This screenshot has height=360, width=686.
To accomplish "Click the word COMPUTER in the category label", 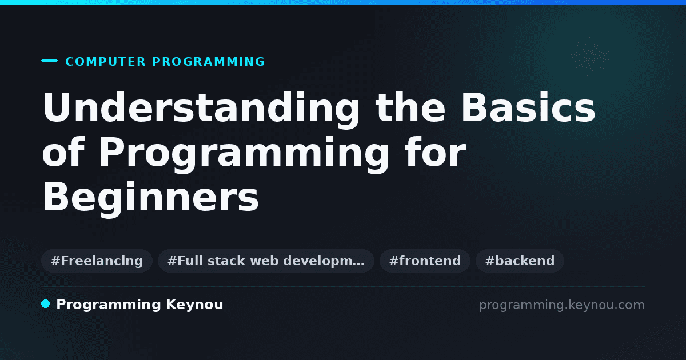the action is click(105, 62).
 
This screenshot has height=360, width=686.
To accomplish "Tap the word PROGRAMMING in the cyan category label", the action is click(208, 62).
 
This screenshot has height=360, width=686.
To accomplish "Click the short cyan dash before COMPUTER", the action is click(49, 61).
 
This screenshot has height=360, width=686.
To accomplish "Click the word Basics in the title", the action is click(528, 107).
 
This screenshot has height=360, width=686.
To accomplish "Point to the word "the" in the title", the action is click(410, 107).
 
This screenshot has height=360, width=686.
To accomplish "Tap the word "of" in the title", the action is click(63, 151).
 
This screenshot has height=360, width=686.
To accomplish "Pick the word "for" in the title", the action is click(435, 151).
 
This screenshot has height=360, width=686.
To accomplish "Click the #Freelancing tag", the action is click(97, 261).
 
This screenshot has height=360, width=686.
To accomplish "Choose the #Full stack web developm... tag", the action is click(266, 261).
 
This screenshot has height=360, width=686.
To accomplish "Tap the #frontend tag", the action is click(425, 261).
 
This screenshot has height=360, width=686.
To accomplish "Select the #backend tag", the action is click(520, 261).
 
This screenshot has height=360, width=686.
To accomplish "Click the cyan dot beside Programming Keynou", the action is click(45, 304).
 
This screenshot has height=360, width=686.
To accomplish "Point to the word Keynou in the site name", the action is click(194, 305).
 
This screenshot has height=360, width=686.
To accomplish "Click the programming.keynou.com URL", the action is click(562, 305).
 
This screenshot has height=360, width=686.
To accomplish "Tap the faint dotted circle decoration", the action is click(591, 55).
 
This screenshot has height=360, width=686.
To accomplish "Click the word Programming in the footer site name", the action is click(109, 305).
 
